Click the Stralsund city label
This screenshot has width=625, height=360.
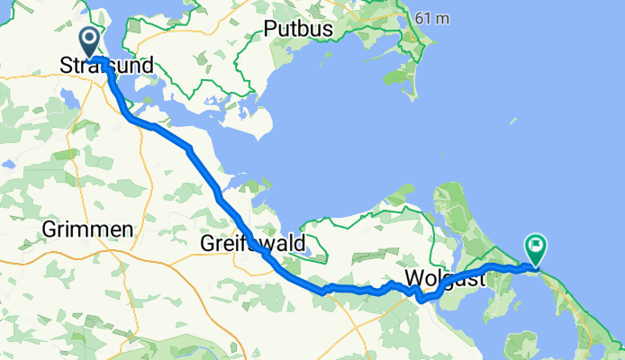coord(106,66)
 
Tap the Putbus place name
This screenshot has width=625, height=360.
coord(299,30)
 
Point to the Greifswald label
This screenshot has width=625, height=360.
coord(253,244)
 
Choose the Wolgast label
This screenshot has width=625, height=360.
coord(444,277)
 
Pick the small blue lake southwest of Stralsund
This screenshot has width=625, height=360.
coord(8,165)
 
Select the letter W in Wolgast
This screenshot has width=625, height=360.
coord(413,277)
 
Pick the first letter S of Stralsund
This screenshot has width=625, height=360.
coord(65,66)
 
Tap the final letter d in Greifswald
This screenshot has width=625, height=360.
coord(300,244)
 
